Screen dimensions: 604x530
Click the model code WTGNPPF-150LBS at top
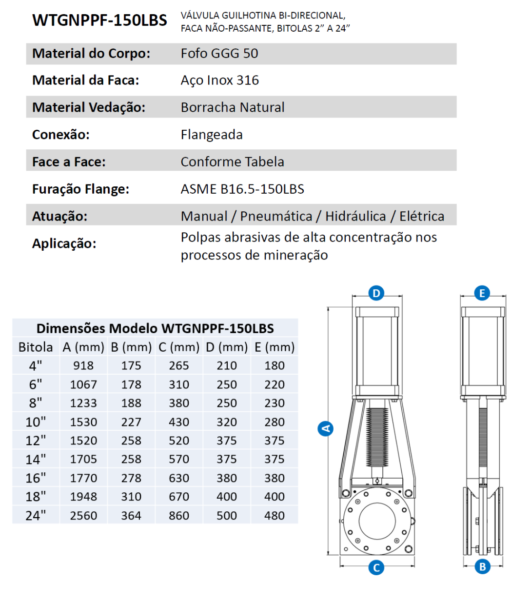tap(99, 20)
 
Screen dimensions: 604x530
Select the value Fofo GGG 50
tap(219, 53)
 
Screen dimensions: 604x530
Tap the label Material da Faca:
tap(86, 80)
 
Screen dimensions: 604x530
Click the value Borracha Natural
tap(233, 107)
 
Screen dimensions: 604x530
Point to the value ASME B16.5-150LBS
tap(242, 189)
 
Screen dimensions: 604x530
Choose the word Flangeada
tap(212, 135)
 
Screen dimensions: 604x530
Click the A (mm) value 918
tap(83, 365)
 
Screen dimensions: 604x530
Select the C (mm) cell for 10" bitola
tap(179, 422)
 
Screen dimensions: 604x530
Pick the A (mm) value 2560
tap(83, 516)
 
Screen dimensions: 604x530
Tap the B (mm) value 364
tap(131, 516)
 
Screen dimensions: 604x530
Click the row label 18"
tap(36, 497)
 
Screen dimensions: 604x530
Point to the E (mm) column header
tap(275, 347)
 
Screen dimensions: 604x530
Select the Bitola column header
tap(36, 347)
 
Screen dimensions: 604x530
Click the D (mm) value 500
tap(227, 516)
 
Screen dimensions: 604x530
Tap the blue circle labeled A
tap(325, 428)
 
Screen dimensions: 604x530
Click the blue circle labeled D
tap(376, 293)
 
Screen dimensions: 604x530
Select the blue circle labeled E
tap(482, 293)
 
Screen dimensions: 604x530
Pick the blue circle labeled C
tap(376, 567)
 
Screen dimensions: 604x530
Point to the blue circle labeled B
tap(482, 567)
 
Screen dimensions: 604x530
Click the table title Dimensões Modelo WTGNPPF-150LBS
tap(155, 328)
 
